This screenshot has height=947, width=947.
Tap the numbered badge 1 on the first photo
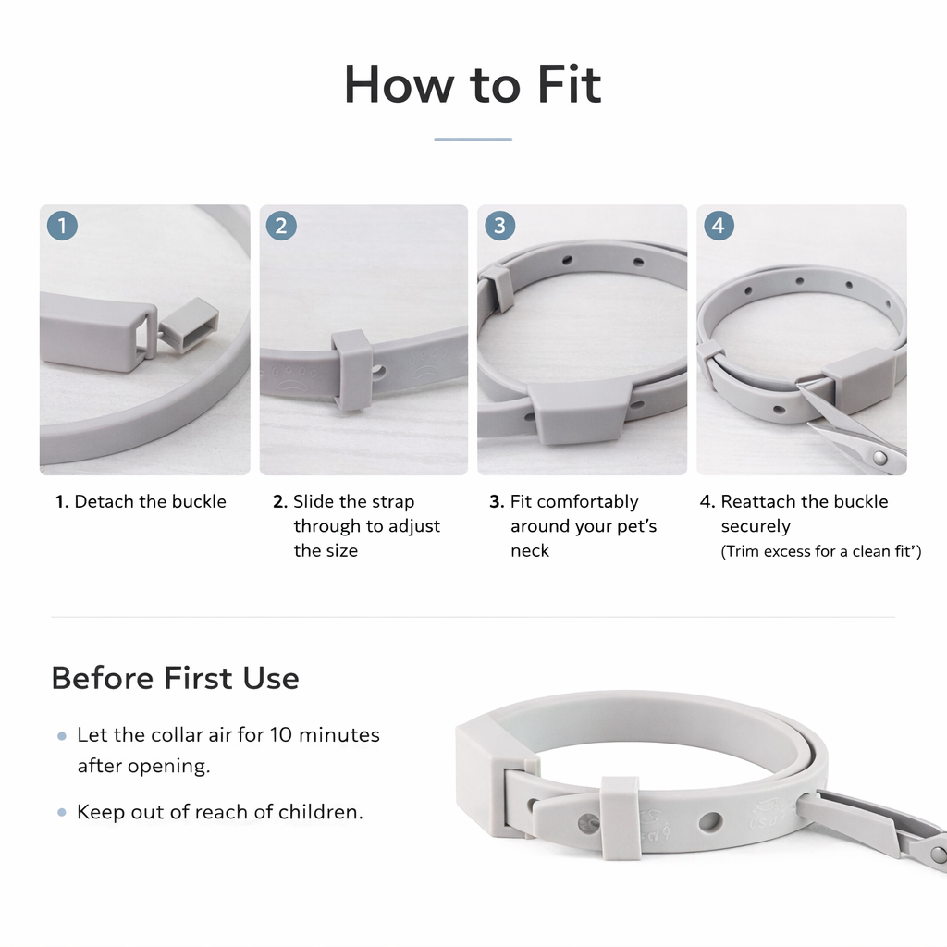point(62,226)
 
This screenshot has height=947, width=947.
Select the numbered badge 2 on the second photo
point(281,226)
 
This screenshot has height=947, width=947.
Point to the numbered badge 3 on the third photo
point(499,226)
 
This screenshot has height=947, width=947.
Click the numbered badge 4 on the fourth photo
point(719,226)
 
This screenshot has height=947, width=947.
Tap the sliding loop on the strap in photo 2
point(351,369)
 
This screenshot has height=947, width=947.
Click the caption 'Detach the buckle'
point(150,502)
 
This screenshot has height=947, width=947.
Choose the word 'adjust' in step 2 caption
point(414,526)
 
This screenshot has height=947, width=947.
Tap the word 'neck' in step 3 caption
point(530,551)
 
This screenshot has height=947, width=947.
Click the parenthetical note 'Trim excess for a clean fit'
point(821,552)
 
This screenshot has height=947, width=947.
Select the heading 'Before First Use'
point(175,678)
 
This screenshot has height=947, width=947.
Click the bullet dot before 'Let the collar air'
point(62,737)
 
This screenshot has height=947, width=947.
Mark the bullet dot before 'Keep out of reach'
point(62,813)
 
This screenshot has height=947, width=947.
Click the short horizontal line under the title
point(473,140)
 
